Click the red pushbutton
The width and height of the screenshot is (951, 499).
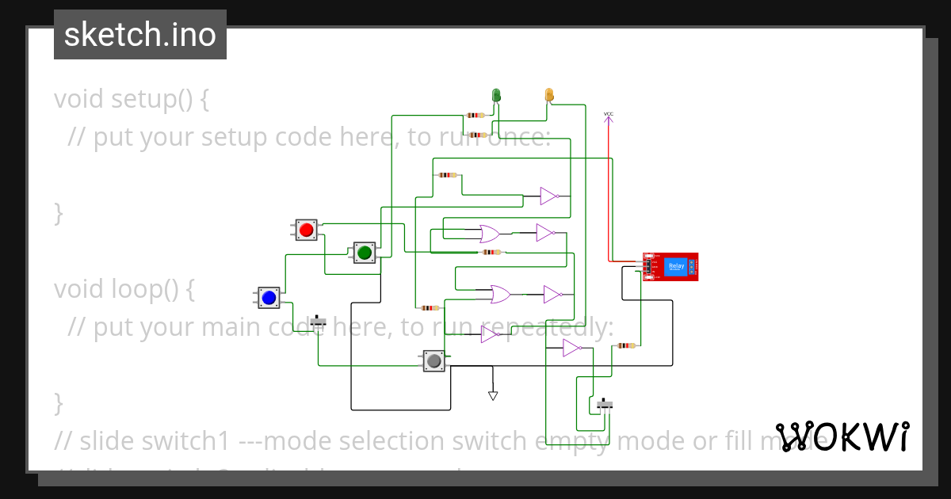(307, 230)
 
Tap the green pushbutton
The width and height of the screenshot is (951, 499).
(365, 253)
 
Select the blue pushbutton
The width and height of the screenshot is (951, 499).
(269, 298)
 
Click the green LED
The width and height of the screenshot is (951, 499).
(497, 95)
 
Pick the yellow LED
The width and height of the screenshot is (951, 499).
(548, 95)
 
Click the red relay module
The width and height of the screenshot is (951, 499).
(670, 267)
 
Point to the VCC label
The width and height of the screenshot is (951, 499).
(609, 114)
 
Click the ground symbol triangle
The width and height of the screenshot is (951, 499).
(493, 395)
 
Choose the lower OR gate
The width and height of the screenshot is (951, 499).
(500, 295)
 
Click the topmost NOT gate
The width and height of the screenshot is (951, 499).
(549, 196)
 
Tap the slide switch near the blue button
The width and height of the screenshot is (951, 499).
(318, 322)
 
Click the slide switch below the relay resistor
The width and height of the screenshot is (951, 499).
(605, 405)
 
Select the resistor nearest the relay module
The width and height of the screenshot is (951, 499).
(626, 345)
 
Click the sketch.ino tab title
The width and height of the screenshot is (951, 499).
(140, 35)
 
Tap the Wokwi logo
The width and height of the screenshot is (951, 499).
(842, 436)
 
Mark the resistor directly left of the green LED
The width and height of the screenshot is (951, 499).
(475, 115)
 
